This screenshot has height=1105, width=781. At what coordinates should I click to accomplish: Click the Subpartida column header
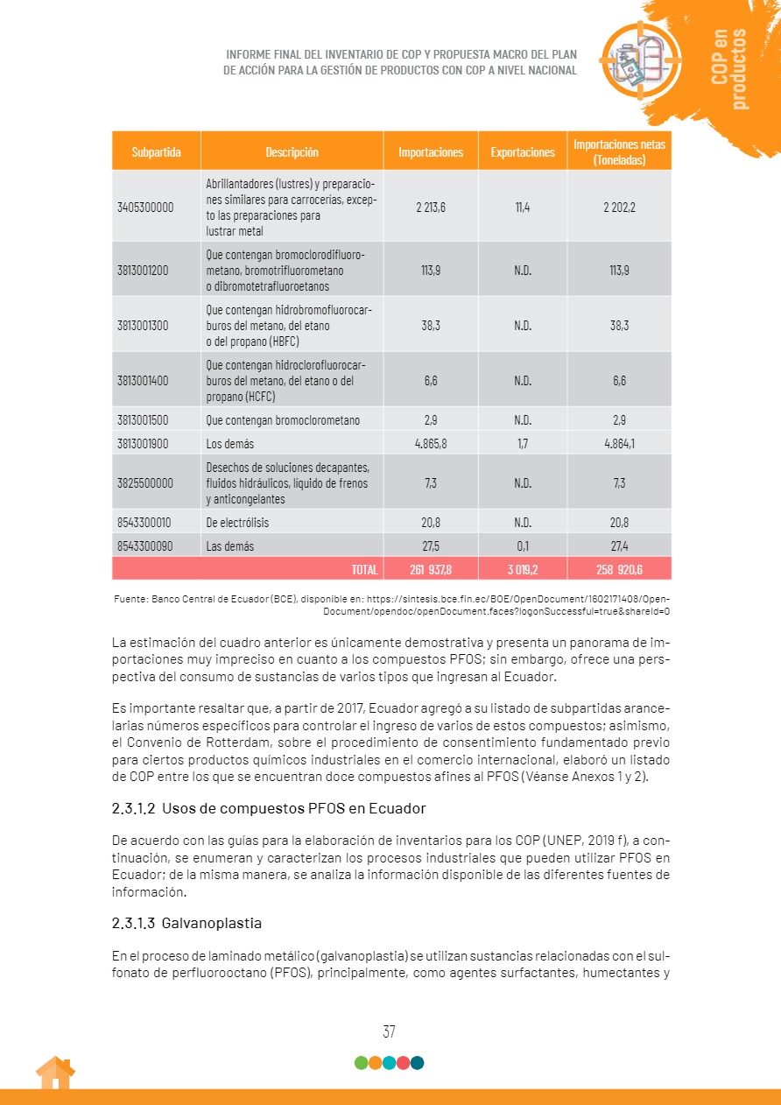[x=157, y=151]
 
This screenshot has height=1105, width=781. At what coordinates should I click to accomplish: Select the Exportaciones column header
[x=523, y=151]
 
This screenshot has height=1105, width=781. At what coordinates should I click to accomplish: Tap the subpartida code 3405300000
[x=145, y=208]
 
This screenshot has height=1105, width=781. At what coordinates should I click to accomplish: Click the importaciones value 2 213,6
[x=431, y=208]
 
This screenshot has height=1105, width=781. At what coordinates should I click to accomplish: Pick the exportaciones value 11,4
[x=523, y=208]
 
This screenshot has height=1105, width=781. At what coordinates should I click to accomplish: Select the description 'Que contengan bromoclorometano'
[x=283, y=420]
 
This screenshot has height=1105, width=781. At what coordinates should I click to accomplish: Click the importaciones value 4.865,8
[x=431, y=443]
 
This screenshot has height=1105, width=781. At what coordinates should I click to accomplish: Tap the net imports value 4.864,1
[x=619, y=443]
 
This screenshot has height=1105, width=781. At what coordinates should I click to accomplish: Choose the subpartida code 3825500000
[x=145, y=482]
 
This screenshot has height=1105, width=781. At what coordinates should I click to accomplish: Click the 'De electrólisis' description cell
[x=237, y=523]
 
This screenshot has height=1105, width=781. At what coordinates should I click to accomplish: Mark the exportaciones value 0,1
[x=523, y=545]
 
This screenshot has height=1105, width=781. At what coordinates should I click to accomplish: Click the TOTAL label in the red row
[x=364, y=569]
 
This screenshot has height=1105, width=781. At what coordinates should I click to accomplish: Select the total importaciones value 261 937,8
[x=431, y=569]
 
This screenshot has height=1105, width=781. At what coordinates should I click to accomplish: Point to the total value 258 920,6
[x=619, y=569]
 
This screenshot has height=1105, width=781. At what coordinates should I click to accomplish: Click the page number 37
[x=390, y=1031]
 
